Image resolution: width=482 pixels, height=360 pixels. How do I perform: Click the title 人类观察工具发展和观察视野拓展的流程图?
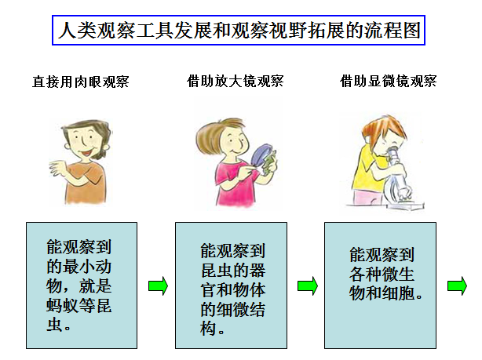click(239, 31)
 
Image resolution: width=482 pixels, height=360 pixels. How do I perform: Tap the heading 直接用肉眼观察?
click(81, 82)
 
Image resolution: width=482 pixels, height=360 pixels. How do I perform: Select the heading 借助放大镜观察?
click(236, 82)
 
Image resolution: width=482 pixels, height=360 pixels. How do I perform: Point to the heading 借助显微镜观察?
click(389, 82)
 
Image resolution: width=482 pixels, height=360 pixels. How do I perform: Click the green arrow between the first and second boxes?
click(158, 286)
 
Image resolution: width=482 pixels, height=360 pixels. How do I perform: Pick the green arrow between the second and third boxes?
click(308, 286)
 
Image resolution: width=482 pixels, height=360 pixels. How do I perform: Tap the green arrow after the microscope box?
click(457, 286)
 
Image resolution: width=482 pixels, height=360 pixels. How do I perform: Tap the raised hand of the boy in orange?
click(58, 168)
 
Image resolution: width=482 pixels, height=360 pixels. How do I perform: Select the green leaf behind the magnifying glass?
click(269, 163)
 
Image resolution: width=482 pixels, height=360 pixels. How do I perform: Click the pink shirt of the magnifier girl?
click(236, 184)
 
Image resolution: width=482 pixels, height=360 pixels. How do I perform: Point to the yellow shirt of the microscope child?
click(366, 169)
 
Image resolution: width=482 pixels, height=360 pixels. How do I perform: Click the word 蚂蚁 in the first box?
click(63, 306)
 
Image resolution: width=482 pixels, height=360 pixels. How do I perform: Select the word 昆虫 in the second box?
click(217, 271)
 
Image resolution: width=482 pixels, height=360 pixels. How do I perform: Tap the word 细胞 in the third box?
click(398, 293)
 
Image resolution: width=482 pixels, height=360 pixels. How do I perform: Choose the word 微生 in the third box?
click(398, 274)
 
